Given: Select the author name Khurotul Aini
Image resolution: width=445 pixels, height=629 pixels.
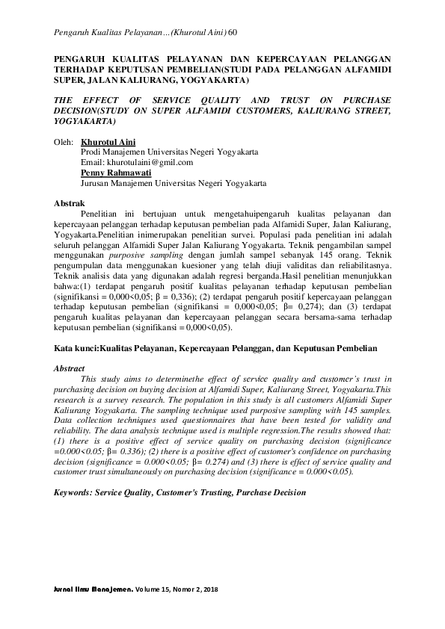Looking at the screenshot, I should pos(108,141).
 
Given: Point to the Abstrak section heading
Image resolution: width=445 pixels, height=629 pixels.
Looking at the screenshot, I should pos(70,203).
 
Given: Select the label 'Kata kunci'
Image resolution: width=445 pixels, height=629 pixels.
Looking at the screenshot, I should pos(76,348).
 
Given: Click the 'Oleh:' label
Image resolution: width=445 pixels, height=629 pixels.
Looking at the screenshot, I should pos(64,141).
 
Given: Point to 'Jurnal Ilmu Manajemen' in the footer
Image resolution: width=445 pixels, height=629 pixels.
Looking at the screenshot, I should pos(93,589).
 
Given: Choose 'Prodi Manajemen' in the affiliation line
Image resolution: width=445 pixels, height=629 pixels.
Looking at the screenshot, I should pos(111,152).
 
